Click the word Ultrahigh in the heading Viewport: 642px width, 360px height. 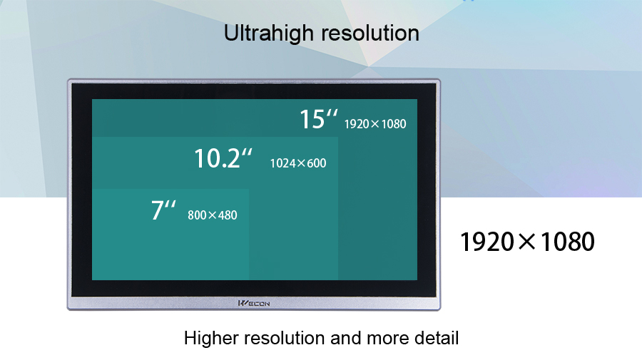[x=269, y=33]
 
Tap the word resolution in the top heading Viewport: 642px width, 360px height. [x=370, y=33]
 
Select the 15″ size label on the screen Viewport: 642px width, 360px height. [x=319, y=119]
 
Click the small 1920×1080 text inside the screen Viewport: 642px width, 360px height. [x=375, y=124]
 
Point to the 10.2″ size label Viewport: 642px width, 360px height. [x=223, y=158]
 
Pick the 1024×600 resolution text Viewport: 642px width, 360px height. [x=298, y=163]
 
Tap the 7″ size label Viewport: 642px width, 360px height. [x=163, y=210]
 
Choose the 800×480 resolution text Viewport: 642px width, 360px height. [x=213, y=215]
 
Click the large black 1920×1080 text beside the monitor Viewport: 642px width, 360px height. [x=527, y=242]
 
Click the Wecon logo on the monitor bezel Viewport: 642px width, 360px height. [x=254, y=303]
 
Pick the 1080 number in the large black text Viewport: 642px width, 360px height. [x=568, y=242]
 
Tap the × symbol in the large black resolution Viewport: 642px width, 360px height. [x=527, y=241]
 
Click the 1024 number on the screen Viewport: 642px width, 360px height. [x=282, y=163]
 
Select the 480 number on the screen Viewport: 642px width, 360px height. [x=228, y=215]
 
